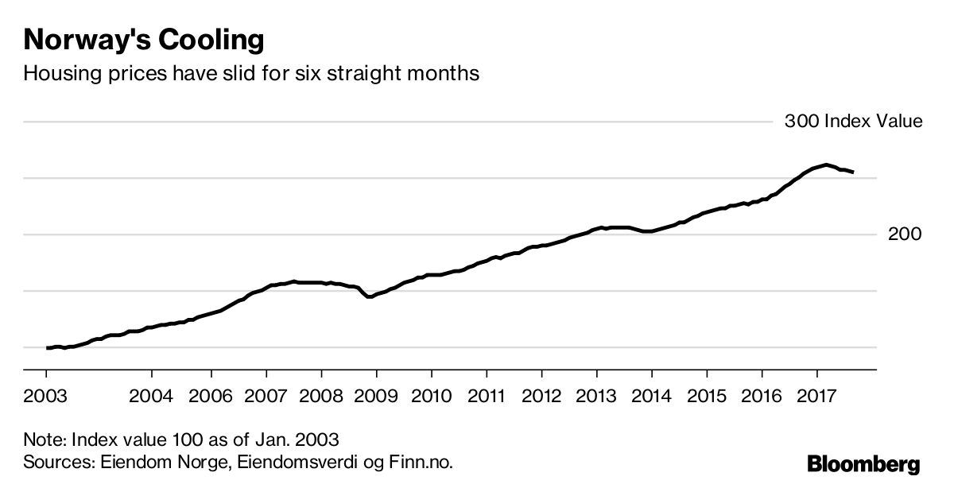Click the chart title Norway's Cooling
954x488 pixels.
143,39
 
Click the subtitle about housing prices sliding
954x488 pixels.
251,74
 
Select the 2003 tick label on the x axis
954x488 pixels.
46,395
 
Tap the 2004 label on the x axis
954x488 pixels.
150,395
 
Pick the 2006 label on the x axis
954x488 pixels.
211,395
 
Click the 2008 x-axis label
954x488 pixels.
321,395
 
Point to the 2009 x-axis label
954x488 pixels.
376,395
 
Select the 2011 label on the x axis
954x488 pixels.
486,395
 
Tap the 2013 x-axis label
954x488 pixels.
596,395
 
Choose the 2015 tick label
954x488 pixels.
707,395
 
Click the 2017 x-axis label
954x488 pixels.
816,395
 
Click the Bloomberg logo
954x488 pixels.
863,464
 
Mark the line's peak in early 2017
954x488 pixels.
827,165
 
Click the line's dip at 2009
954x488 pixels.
370,296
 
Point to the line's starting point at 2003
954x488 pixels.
48,347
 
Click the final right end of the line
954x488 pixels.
853,172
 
